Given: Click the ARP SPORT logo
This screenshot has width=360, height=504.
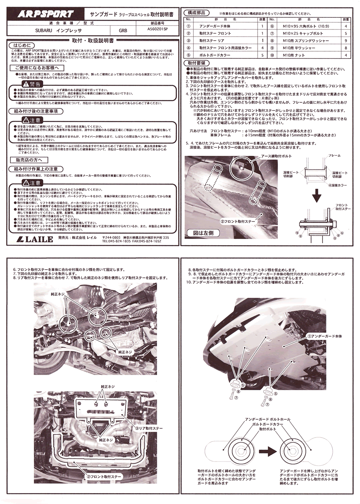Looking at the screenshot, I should click(45, 14).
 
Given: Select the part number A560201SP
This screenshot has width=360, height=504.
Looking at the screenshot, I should click(157, 30).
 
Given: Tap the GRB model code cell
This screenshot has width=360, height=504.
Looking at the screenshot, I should click(122, 31).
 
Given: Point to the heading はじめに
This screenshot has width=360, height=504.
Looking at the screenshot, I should click(21, 44).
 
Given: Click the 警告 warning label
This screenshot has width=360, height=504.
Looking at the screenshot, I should click(29, 84).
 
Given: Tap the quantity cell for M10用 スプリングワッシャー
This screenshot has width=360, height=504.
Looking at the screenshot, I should click(345, 41).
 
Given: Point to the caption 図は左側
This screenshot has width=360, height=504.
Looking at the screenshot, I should click(203, 232).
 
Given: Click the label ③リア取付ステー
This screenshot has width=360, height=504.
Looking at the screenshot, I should click(149, 428).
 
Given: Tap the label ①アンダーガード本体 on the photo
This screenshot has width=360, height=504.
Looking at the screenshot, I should click(322, 336).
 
